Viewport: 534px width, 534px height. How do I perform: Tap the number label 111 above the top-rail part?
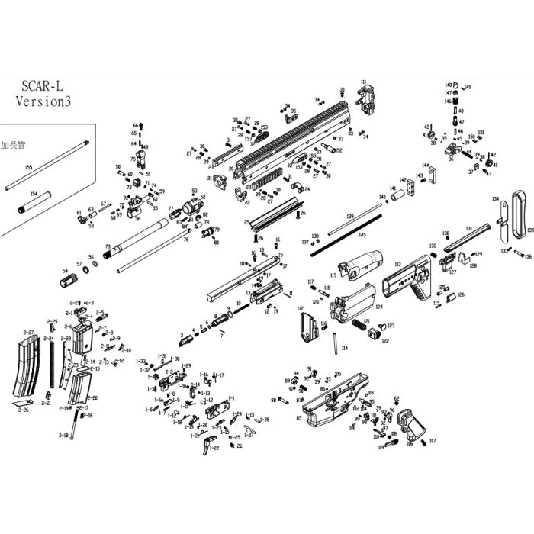click(364, 82)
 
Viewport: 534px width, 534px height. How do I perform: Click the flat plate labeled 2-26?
click(22, 402)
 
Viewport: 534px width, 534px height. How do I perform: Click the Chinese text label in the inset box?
click(14, 143)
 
